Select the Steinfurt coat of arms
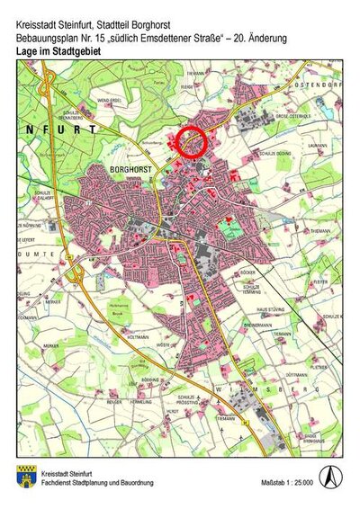click(x=24, y=477)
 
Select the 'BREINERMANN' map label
click(x=256, y=324)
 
